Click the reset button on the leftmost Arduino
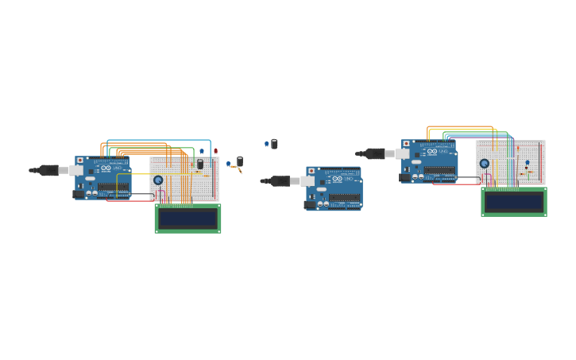tap(80, 161)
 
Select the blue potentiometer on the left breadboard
tap(158, 180)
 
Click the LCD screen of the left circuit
tap(187, 218)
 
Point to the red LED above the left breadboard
tap(215, 151)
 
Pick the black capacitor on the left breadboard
tap(200, 164)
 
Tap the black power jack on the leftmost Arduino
tap(78, 194)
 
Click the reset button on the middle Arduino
tap(311, 171)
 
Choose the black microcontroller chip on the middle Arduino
tap(345, 197)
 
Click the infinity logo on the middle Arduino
tap(337, 179)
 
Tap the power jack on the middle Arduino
tap(309, 205)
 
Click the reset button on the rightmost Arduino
tap(406, 145)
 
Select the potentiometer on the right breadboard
tap(484, 164)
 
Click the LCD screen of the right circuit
tap(514, 202)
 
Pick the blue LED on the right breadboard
tap(527, 163)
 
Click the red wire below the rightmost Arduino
tap(457, 184)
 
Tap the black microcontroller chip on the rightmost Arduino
tap(439, 170)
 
